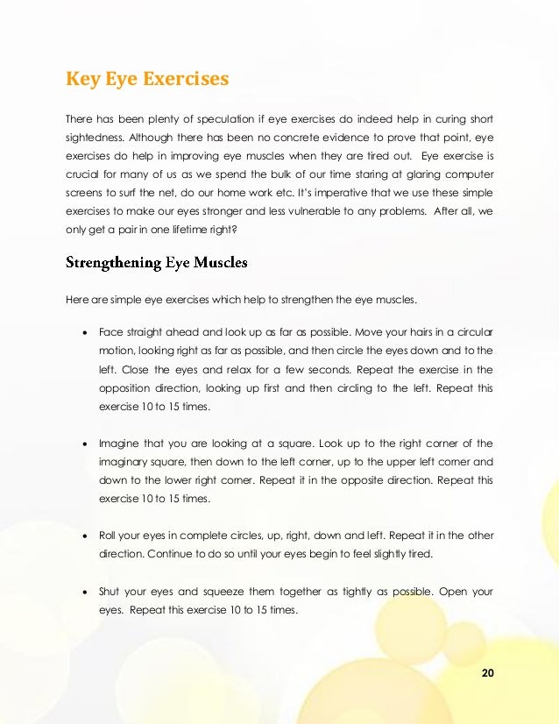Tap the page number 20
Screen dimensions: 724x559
click(x=488, y=672)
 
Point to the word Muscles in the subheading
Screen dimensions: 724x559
click(x=221, y=262)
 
